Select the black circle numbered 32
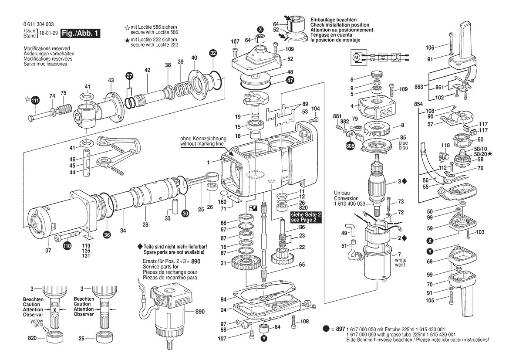[212, 54]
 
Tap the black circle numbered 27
[129, 75]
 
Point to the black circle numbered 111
[35, 101]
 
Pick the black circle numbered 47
[290, 80]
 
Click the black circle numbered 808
[350, 146]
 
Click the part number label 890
[200, 312]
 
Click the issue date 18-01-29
[49, 34]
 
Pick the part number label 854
[418, 104]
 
